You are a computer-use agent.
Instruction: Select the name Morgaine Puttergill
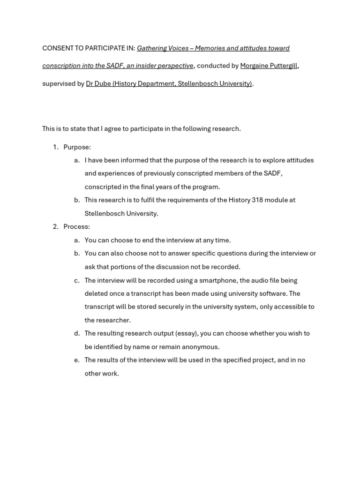pos(269,66)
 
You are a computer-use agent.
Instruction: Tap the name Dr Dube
pos(98,83)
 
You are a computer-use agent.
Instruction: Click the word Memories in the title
pos(210,48)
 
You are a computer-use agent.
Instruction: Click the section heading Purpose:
pos(77,147)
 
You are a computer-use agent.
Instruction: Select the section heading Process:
pos(76,226)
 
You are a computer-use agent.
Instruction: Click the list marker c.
pos(76,280)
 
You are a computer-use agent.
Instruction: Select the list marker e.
pos(76,360)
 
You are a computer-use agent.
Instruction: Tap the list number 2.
pos(55,226)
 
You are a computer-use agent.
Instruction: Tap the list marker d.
pos(76,333)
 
